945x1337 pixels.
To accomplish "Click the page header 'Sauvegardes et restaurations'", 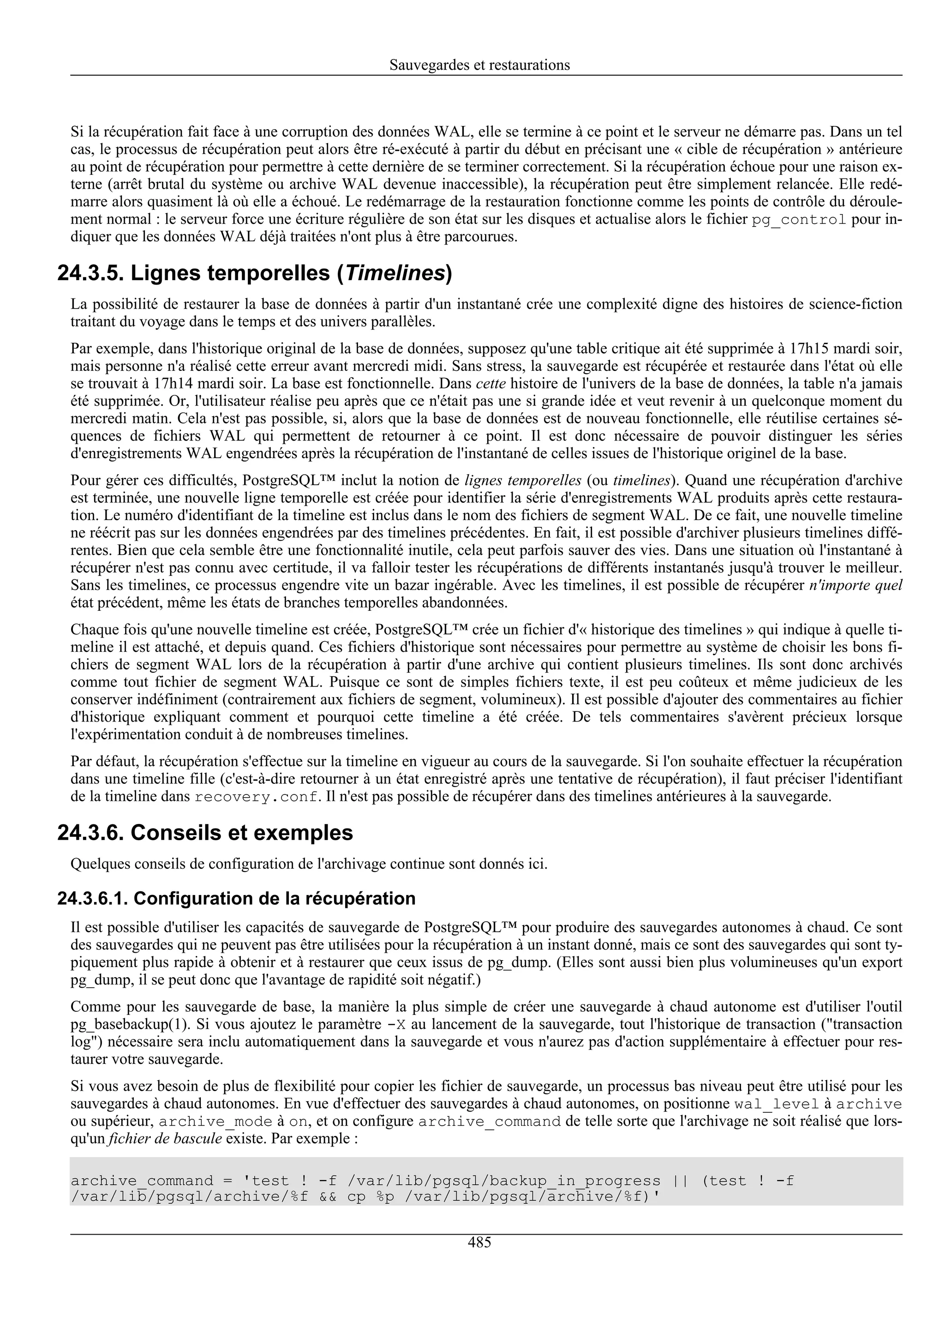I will pyautogui.click(x=479, y=65).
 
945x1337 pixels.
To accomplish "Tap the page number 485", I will pyautogui.click(x=479, y=1242).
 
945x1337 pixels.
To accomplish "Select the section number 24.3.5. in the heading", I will pyautogui.click(x=90, y=273).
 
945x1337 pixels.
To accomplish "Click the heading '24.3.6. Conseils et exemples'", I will pyautogui.click(x=205, y=833).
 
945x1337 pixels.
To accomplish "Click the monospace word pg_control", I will pyautogui.click(x=798, y=220).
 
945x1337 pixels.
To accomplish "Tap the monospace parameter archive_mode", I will pyautogui.click(x=215, y=1122).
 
